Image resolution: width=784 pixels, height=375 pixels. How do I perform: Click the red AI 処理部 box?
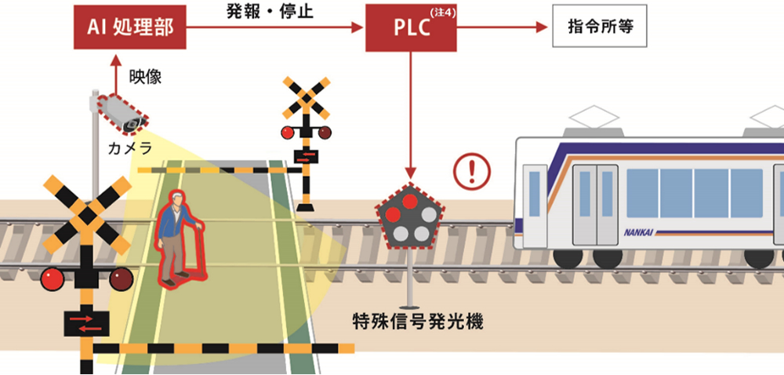(130, 27)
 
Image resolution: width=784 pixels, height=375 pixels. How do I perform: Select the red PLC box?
(411, 27)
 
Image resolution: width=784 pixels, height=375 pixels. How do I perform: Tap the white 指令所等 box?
(600, 26)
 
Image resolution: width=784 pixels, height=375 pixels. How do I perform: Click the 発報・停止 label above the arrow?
(270, 11)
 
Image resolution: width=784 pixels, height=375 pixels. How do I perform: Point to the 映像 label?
(145, 77)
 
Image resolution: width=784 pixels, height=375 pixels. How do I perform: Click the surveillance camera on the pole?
(122, 114)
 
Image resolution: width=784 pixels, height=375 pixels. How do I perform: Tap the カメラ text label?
(130, 148)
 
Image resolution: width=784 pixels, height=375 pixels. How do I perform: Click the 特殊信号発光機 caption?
(418, 322)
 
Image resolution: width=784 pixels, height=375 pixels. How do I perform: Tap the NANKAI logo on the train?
(638, 232)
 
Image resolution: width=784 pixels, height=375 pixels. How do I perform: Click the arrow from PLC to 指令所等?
(502, 27)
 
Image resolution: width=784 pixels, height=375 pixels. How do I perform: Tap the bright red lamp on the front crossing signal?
(52, 279)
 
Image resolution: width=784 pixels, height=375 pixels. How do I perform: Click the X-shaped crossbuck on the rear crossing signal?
(307, 98)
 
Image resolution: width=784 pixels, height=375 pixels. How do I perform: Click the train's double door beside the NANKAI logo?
(596, 205)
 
